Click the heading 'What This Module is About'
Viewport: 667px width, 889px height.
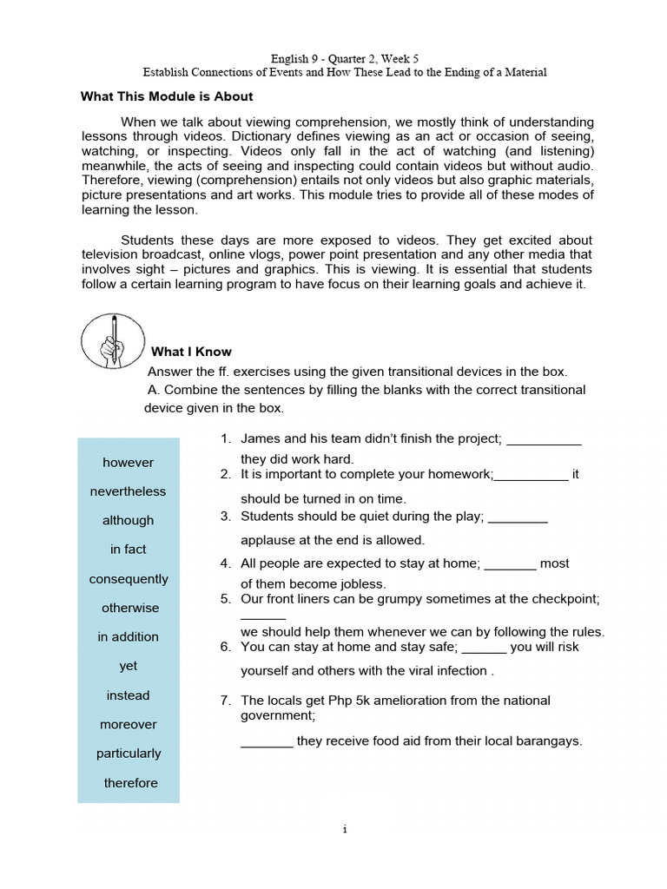[167, 96]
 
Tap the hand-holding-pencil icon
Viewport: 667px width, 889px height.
[112, 340]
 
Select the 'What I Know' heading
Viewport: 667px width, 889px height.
[191, 352]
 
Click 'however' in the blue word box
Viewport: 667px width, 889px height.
[128, 462]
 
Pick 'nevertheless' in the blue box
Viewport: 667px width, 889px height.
[128, 491]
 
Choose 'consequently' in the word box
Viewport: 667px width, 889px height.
[129, 578]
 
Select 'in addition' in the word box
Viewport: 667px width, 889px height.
[128, 636]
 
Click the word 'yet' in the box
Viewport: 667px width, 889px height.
[129, 666]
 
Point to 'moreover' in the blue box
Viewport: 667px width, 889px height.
[129, 724]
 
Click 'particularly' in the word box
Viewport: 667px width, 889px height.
[129, 754]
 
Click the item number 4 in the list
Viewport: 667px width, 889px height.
[225, 563]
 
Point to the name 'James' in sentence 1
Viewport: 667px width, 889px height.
[259, 439]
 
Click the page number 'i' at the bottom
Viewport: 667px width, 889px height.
[345, 829]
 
